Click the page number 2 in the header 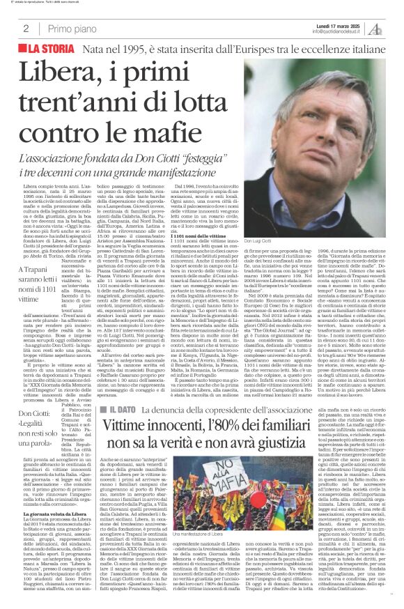tap(26, 29)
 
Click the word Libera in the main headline tap(56, 72)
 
